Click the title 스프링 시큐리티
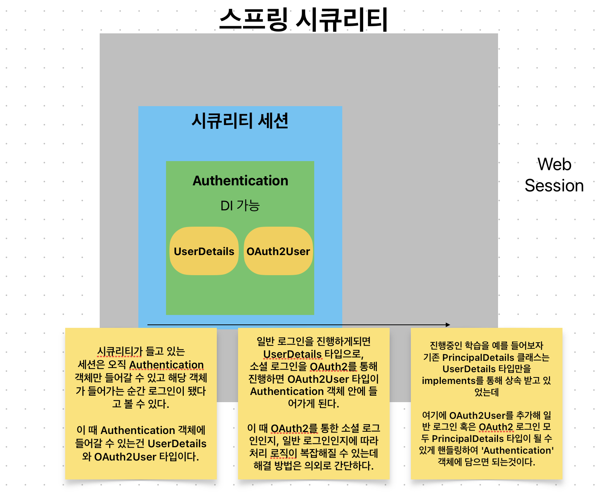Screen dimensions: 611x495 (304, 20)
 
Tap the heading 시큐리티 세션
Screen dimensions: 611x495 (240, 121)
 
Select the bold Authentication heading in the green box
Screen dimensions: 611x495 (240, 181)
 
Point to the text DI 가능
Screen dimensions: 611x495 (240, 206)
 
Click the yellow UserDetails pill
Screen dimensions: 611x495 (204, 251)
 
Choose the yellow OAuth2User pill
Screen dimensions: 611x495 (278, 251)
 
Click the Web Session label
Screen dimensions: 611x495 (554, 175)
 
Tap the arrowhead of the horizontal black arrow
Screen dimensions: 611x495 (448, 325)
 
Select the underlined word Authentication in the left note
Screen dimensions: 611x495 (166, 365)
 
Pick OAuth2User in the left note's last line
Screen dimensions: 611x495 (125, 457)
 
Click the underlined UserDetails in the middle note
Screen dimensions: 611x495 (292, 354)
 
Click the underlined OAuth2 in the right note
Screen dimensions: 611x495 (496, 427)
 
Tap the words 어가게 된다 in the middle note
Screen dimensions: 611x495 (313, 403)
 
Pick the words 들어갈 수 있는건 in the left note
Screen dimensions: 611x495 (110, 443)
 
